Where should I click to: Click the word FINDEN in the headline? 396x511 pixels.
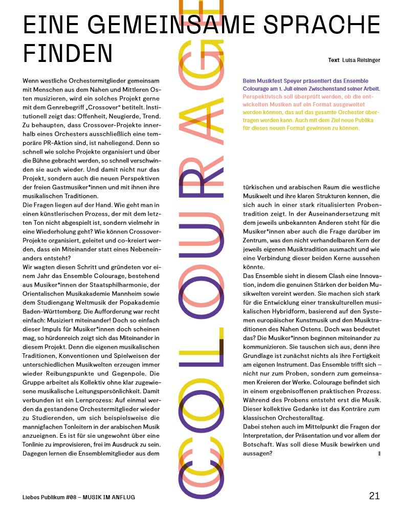click(68, 53)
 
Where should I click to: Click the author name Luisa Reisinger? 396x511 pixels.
click(361, 60)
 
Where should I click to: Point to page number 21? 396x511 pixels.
click(374, 496)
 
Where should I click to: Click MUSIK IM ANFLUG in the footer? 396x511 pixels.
click(111, 497)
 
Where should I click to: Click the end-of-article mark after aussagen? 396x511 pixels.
click(379, 453)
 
